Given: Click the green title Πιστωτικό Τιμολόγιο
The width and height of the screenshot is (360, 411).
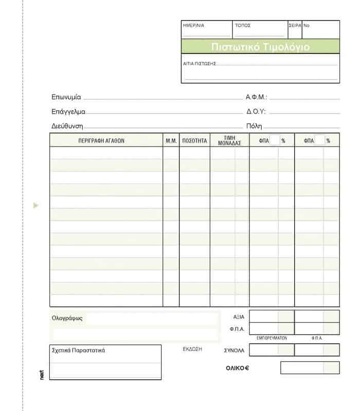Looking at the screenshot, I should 260,47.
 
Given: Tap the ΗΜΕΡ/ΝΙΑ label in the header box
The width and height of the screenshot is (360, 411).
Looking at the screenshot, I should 193,25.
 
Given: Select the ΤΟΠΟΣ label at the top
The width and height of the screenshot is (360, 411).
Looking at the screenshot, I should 243,25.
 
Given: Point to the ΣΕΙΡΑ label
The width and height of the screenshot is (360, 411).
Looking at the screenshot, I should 295,25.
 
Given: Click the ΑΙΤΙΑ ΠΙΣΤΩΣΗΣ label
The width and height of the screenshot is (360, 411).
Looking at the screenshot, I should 199,64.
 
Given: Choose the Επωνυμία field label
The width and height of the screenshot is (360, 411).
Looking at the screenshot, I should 66,97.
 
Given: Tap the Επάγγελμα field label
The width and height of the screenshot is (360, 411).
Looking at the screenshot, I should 68,111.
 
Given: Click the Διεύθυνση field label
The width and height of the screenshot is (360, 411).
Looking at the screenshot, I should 67,126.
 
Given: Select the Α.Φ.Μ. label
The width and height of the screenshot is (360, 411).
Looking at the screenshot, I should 257,97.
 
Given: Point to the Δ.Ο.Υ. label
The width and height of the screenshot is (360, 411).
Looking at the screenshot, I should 256,111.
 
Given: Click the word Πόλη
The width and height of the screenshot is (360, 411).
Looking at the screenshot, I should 254,126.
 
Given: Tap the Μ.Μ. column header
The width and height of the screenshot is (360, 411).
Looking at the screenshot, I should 171,140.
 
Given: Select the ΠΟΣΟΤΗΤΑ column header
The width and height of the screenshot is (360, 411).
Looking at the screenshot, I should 194,140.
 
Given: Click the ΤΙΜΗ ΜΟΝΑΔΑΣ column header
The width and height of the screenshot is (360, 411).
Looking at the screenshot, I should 229,140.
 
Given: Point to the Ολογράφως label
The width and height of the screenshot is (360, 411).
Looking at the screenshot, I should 67,318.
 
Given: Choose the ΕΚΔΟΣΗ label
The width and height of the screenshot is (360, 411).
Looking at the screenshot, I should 192,349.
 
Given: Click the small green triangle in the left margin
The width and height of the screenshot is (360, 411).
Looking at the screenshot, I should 35,206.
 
